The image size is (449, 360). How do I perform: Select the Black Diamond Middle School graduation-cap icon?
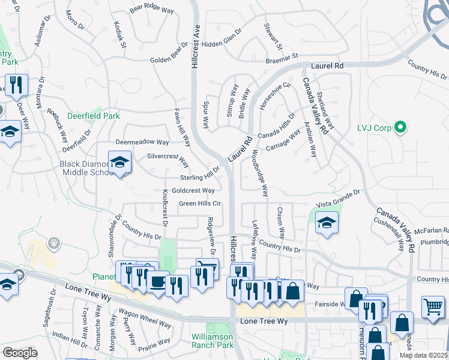pyautogui.click(x=119, y=162)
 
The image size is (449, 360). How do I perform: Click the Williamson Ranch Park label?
pyautogui.click(x=212, y=340)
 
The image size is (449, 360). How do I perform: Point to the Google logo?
pyautogui.click(x=20, y=352)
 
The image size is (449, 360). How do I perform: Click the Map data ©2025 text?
pyautogui.click(x=424, y=355)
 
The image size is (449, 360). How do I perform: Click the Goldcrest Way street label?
pyautogui.click(x=193, y=191)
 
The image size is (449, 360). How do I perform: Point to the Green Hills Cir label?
pyautogui.click(x=200, y=204)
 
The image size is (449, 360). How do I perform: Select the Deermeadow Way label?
pyautogui.click(x=142, y=142)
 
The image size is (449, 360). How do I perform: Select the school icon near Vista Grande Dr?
pyautogui.click(x=326, y=223)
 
